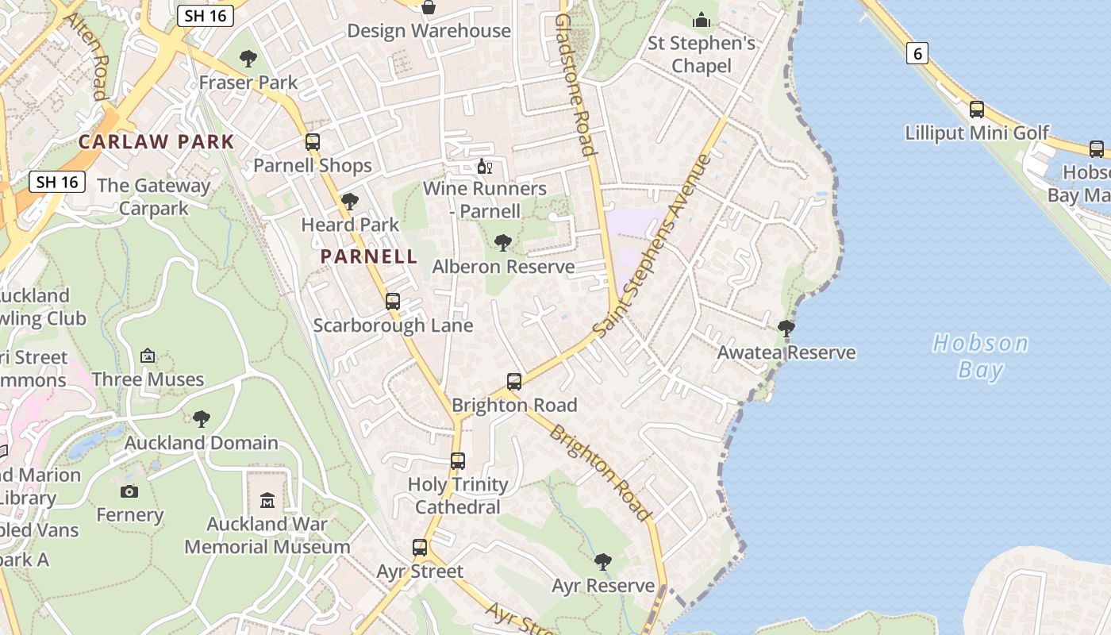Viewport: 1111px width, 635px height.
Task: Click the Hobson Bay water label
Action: click(980, 356)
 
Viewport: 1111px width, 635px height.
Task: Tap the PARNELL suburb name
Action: click(369, 256)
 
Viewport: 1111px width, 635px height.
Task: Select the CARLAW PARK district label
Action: click(156, 142)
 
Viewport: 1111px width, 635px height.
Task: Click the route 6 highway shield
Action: click(917, 54)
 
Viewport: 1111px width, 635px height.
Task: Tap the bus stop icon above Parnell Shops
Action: click(313, 142)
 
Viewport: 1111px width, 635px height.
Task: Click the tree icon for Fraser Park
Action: click(248, 59)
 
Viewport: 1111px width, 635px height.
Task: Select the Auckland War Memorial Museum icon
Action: click(267, 501)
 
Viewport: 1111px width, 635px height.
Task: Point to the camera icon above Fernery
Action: click(129, 491)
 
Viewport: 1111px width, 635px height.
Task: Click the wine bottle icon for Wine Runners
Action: click(484, 167)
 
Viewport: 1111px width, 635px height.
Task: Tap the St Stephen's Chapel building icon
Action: click(702, 20)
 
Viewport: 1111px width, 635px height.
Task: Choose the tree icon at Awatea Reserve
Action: click(786, 329)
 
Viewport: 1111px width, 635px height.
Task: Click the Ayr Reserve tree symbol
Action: click(603, 563)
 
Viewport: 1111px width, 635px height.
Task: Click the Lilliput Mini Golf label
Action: click(977, 133)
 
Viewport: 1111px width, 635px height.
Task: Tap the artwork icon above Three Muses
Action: click(148, 356)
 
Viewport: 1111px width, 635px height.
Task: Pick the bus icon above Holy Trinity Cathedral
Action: click(458, 461)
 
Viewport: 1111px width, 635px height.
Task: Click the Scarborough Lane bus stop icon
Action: click(393, 302)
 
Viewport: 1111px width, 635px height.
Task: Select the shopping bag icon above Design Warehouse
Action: click(429, 8)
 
